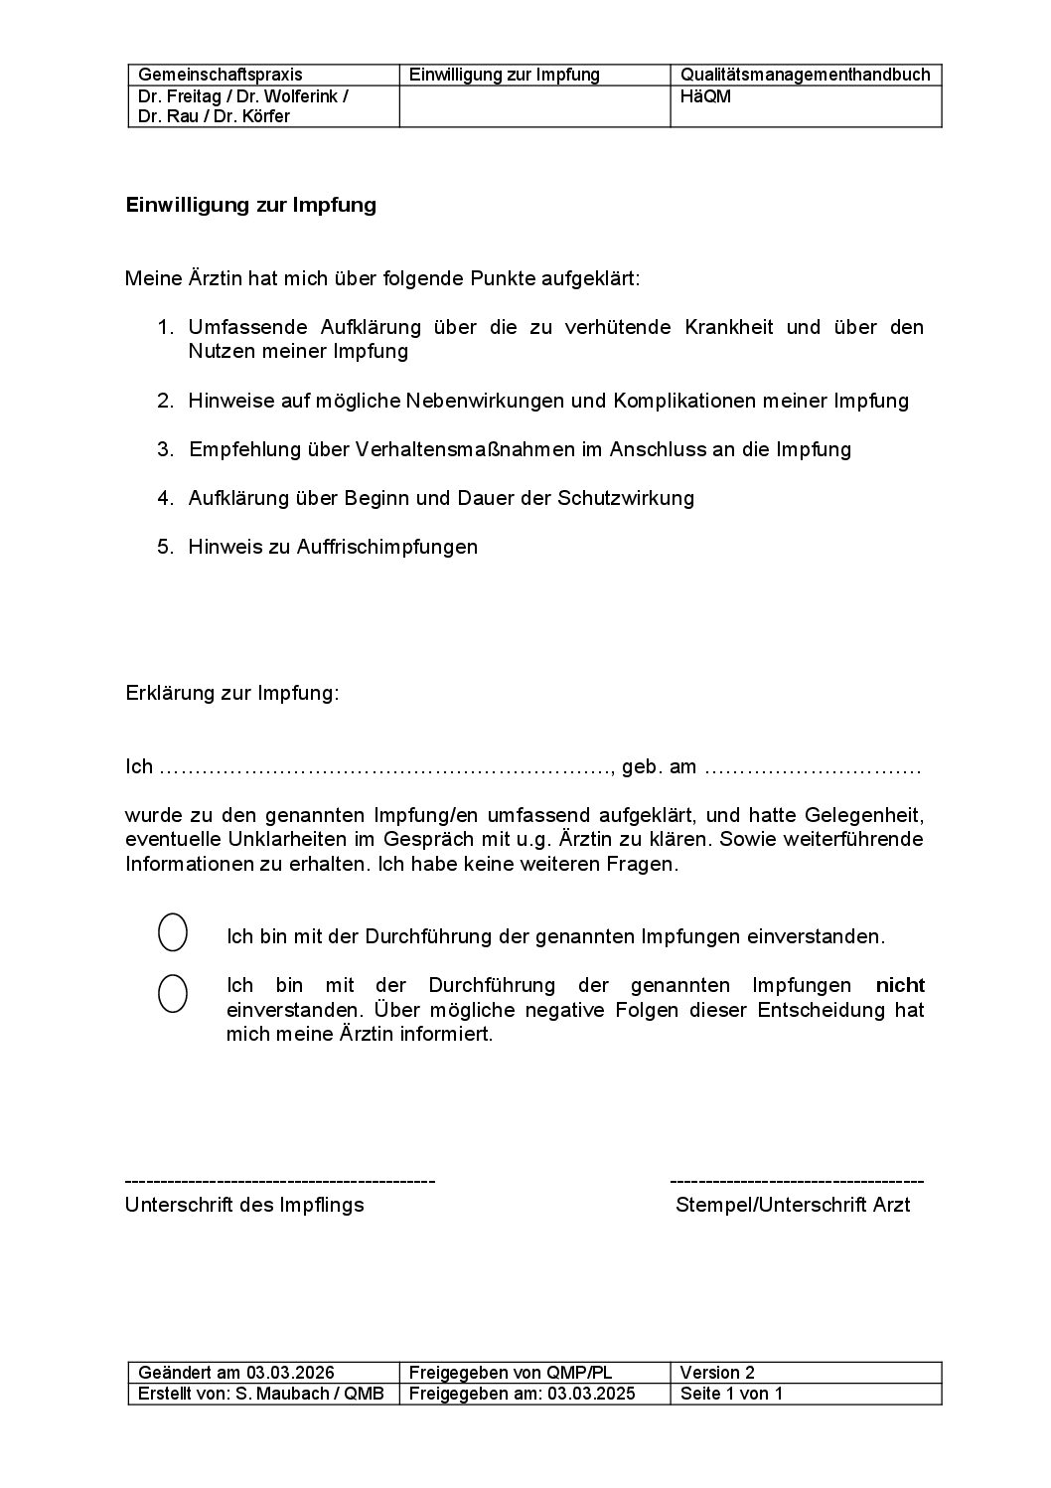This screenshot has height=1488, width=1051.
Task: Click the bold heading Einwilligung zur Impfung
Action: coord(250,206)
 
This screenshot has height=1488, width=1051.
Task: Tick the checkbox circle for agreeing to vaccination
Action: coord(173,932)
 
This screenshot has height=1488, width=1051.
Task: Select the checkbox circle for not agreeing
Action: coord(173,993)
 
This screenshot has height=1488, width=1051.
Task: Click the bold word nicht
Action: coord(900,986)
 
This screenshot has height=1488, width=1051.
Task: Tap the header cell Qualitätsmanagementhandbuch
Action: coord(805,75)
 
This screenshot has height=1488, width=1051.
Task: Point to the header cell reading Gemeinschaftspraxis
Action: coord(221,75)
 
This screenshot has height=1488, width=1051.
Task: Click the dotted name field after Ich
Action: coord(385,767)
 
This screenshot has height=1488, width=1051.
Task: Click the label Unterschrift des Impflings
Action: coord(244,1206)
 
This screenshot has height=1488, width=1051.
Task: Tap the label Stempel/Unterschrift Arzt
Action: coord(793,1206)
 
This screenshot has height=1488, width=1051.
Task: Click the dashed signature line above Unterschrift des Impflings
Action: coord(280,1181)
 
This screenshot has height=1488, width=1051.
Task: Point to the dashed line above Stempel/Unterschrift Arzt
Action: coord(797,1181)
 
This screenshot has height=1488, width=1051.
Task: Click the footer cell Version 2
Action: coord(717,1373)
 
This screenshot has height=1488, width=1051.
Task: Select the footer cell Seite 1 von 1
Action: coord(731,1394)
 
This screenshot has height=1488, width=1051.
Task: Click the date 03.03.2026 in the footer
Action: coord(292,1373)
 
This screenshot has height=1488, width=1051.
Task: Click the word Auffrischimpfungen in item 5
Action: coord(387,547)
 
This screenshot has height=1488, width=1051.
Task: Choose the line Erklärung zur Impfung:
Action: coord(231,693)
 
